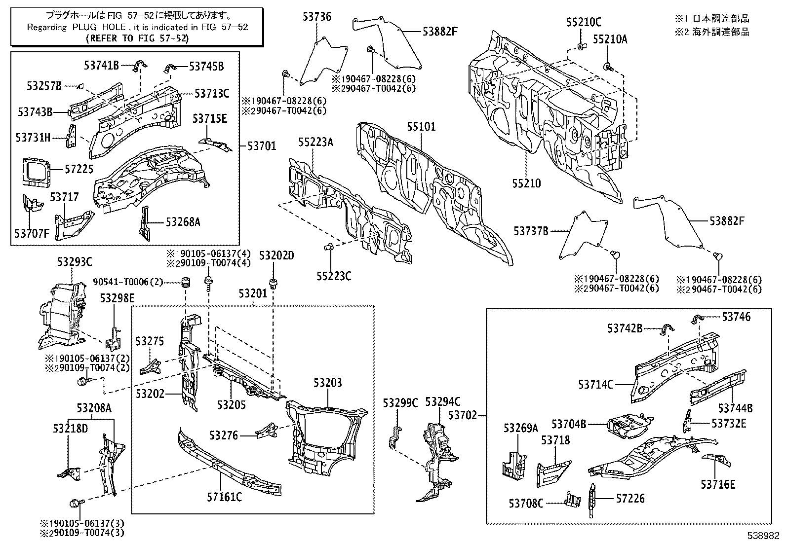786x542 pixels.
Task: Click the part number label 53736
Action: click(x=317, y=17)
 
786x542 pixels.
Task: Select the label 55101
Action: click(x=421, y=127)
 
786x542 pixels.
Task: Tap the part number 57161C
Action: click(x=224, y=497)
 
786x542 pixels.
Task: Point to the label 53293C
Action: click(x=75, y=262)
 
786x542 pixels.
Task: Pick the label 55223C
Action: click(x=334, y=276)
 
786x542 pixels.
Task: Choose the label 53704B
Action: click(x=569, y=424)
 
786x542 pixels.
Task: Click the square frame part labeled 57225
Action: click(x=36, y=172)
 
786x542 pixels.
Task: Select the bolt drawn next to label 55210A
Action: click(x=608, y=67)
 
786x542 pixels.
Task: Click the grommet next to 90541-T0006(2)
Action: click(x=185, y=282)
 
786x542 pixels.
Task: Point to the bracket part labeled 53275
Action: click(x=151, y=366)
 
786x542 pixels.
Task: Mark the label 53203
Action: click(x=327, y=383)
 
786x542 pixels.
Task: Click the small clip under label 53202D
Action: click(x=274, y=283)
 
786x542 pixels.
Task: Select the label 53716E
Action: click(x=718, y=484)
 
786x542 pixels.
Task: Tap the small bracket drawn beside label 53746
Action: click(x=697, y=320)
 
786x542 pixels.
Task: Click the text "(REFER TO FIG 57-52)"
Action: click(x=138, y=38)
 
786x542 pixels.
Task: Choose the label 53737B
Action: click(x=531, y=231)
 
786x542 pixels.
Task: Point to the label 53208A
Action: click(x=94, y=408)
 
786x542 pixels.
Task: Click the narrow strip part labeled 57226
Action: click(x=592, y=501)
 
